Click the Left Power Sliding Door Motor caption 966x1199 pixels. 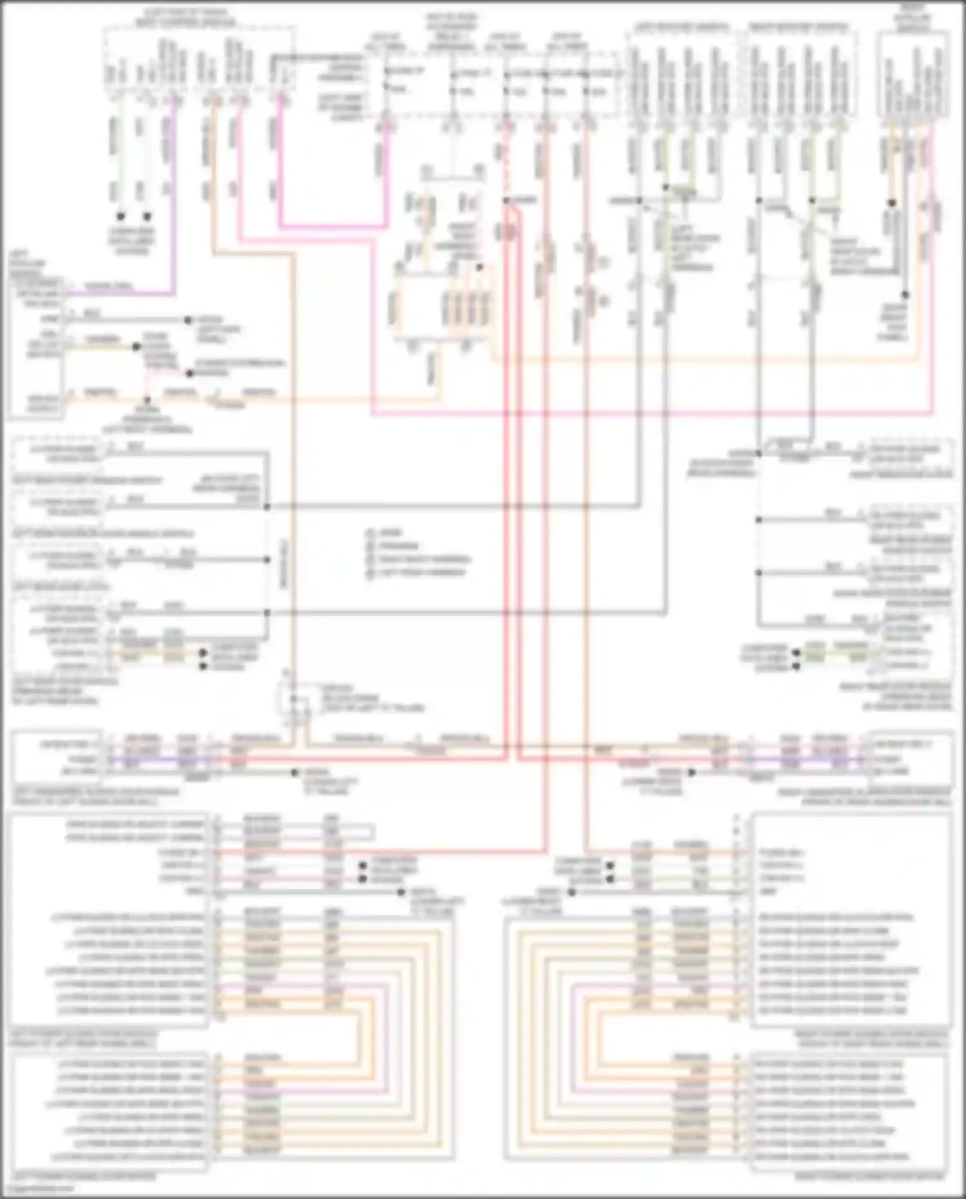click(84, 1176)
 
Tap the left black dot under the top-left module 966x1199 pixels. click(120, 217)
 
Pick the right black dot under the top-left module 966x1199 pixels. click(147, 217)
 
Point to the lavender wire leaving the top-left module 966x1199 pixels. click(173, 193)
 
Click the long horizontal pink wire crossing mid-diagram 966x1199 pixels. click(644, 414)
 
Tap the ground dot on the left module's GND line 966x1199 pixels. click(401, 892)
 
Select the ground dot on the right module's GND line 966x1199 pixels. click(571, 892)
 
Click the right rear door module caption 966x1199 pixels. click(895, 696)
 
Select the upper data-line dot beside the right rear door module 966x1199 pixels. click(796, 652)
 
